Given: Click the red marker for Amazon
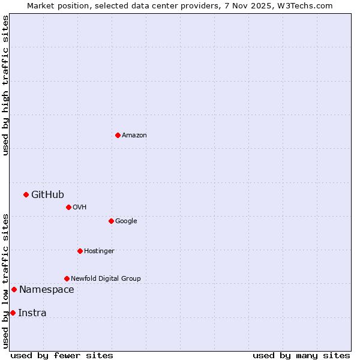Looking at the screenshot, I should [118, 135].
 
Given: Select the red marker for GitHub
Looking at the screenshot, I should [26, 194].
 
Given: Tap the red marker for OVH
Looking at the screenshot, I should [68, 207].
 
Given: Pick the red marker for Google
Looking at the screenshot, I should [111, 221].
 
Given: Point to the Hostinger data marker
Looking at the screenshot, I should [80, 251].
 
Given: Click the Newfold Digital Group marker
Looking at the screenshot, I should [67, 278].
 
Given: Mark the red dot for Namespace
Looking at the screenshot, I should [14, 290].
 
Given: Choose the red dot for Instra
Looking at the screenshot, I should [13, 313].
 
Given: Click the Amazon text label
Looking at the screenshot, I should [134, 136].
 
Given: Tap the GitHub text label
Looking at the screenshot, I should [47, 194].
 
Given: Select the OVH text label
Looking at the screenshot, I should [80, 208].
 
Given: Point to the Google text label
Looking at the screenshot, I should [126, 221].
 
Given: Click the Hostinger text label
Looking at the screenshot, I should [99, 251].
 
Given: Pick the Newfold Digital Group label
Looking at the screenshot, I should [106, 279].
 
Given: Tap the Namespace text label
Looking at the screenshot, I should [47, 290].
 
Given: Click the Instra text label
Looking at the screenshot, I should [32, 313].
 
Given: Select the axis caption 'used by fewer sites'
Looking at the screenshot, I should [62, 355].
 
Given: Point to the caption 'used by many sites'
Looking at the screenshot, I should [301, 355].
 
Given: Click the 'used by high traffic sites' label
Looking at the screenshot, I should [5, 85].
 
